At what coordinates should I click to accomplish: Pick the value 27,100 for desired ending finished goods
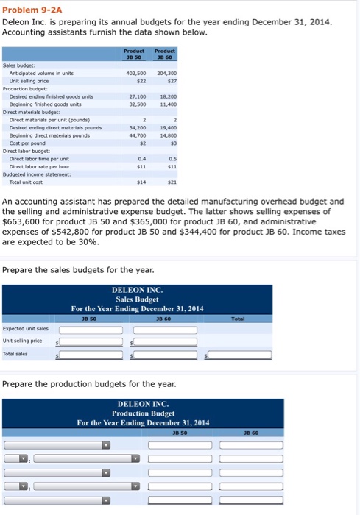click(x=136, y=96)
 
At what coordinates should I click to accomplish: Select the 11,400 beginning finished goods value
click(x=167, y=103)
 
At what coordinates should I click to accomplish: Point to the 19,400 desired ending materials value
click(x=167, y=127)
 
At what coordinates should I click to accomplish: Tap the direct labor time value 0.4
click(x=139, y=157)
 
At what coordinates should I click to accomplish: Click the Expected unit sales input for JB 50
click(x=92, y=330)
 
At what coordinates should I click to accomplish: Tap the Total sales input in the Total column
click(x=240, y=355)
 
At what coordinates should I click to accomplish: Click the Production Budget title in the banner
click(x=144, y=413)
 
